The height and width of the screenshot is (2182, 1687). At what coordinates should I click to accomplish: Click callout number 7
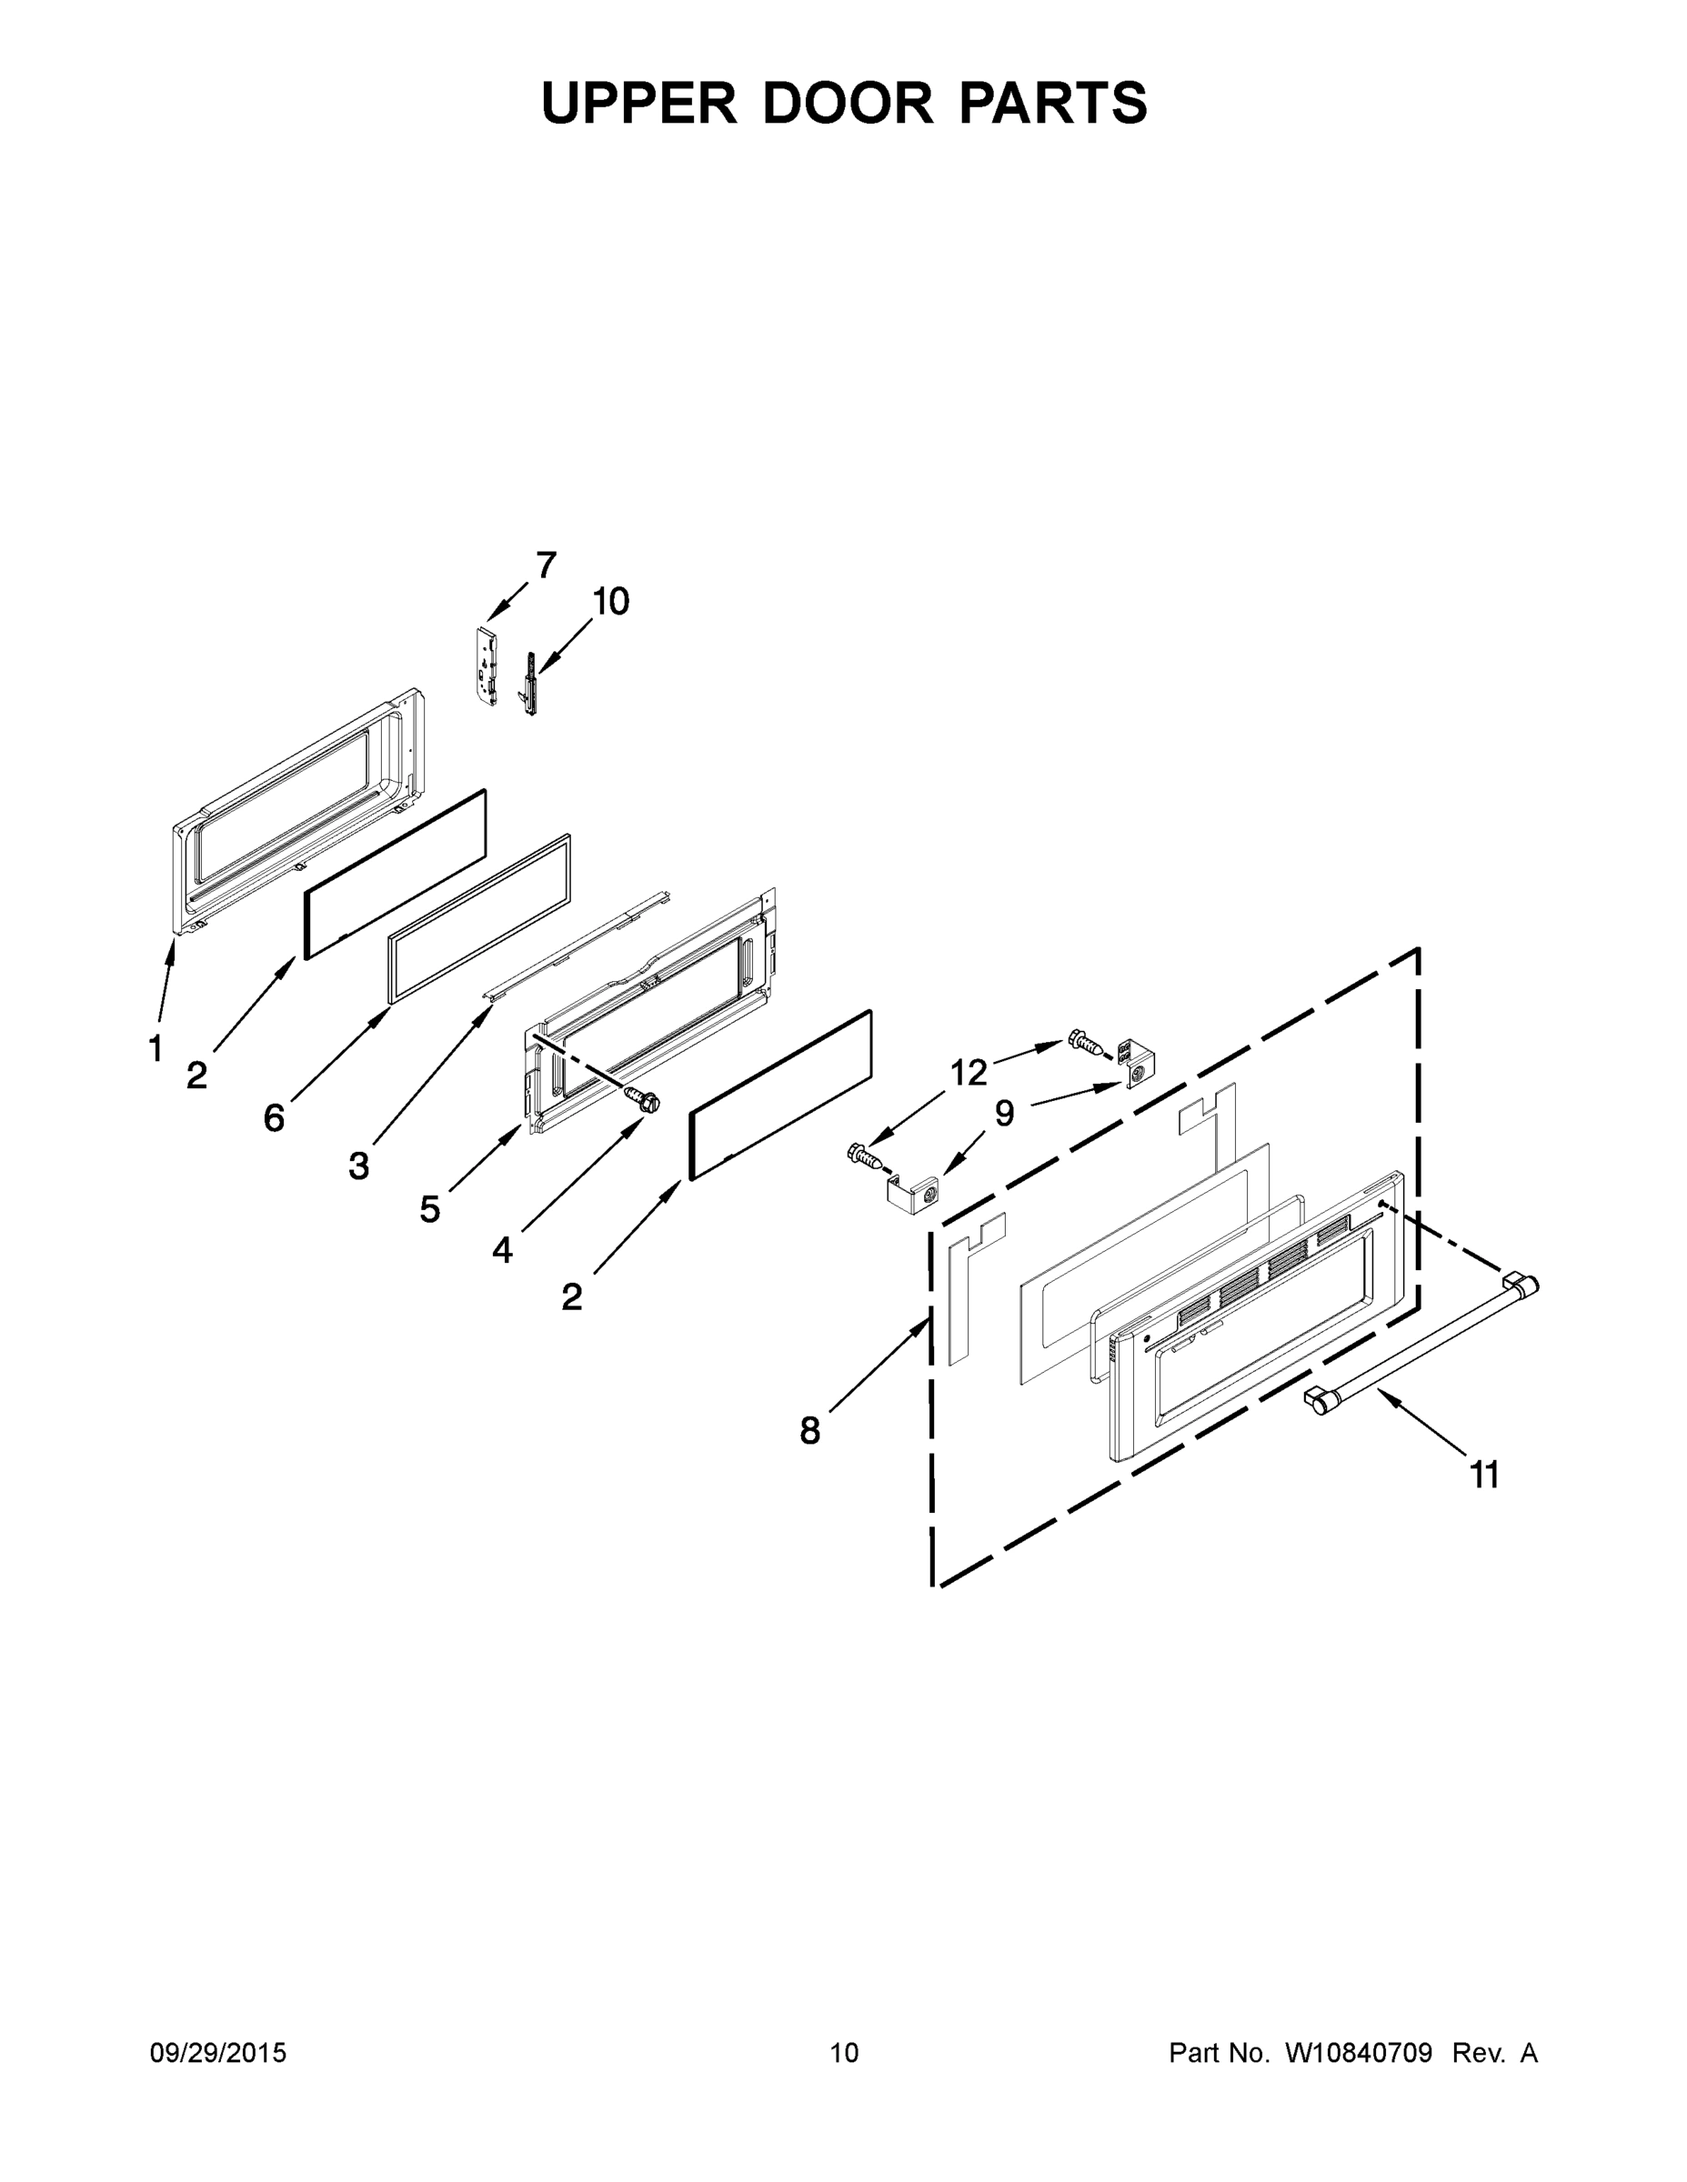[546, 566]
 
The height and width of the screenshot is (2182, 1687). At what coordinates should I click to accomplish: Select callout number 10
[610, 602]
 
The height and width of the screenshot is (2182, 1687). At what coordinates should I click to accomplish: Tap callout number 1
[156, 1049]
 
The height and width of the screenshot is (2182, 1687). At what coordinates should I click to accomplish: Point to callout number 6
[274, 1118]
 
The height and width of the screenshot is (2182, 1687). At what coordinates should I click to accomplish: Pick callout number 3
[359, 1165]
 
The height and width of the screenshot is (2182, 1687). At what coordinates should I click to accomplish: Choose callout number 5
[430, 1210]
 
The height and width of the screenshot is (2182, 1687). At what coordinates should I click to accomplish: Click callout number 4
[502, 1250]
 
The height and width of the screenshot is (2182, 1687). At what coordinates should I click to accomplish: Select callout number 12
[969, 1073]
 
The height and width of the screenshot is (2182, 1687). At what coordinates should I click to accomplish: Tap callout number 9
[1004, 1113]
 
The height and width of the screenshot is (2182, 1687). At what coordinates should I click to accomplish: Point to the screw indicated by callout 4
[642, 1100]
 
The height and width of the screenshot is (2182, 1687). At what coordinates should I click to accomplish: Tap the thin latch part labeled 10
[527, 686]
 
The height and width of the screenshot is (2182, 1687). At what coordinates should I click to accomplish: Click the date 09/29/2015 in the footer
[218, 2053]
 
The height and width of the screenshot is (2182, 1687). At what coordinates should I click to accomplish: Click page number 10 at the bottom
[845, 2053]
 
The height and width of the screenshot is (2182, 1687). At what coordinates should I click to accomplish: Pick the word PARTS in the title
[1053, 103]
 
